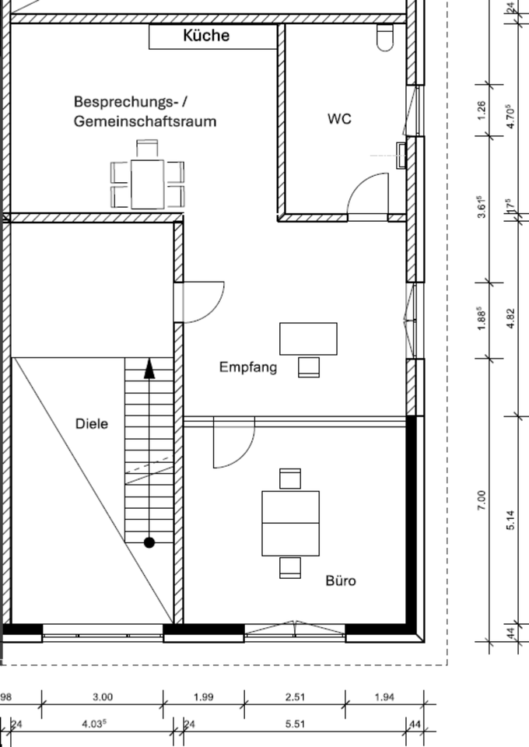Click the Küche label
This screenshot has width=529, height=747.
pos(206,35)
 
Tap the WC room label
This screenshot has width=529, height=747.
pos(339,119)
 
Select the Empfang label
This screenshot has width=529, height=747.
pos(247,367)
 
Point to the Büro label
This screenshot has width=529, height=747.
pos(341,580)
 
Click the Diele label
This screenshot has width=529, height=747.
pos(92,424)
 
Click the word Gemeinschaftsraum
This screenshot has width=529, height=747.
pos(145,121)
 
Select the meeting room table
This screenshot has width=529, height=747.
pos(147,184)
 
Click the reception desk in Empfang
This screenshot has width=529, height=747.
pos(308,338)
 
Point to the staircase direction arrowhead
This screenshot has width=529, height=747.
pos(149,369)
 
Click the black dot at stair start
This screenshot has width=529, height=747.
pos(149,542)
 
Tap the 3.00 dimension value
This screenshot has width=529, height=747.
pos(103,697)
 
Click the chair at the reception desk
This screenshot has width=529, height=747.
pos(309,366)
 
